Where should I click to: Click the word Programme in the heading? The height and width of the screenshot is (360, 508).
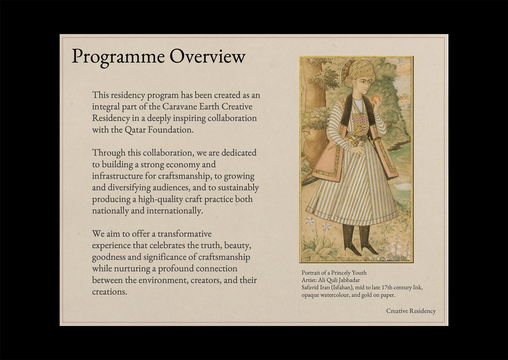click(x=118, y=56)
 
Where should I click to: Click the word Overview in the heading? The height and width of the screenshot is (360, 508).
click(x=208, y=56)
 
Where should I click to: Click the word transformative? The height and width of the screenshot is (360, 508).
click(x=184, y=234)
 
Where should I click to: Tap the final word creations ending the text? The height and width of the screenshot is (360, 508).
click(x=110, y=292)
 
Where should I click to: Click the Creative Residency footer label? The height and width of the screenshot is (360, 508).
click(x=411, y=311)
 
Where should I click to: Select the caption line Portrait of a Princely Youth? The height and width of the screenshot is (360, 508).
click(x=334, y=273)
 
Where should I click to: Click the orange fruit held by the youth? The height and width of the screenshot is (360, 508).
click(x=376, y=99)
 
